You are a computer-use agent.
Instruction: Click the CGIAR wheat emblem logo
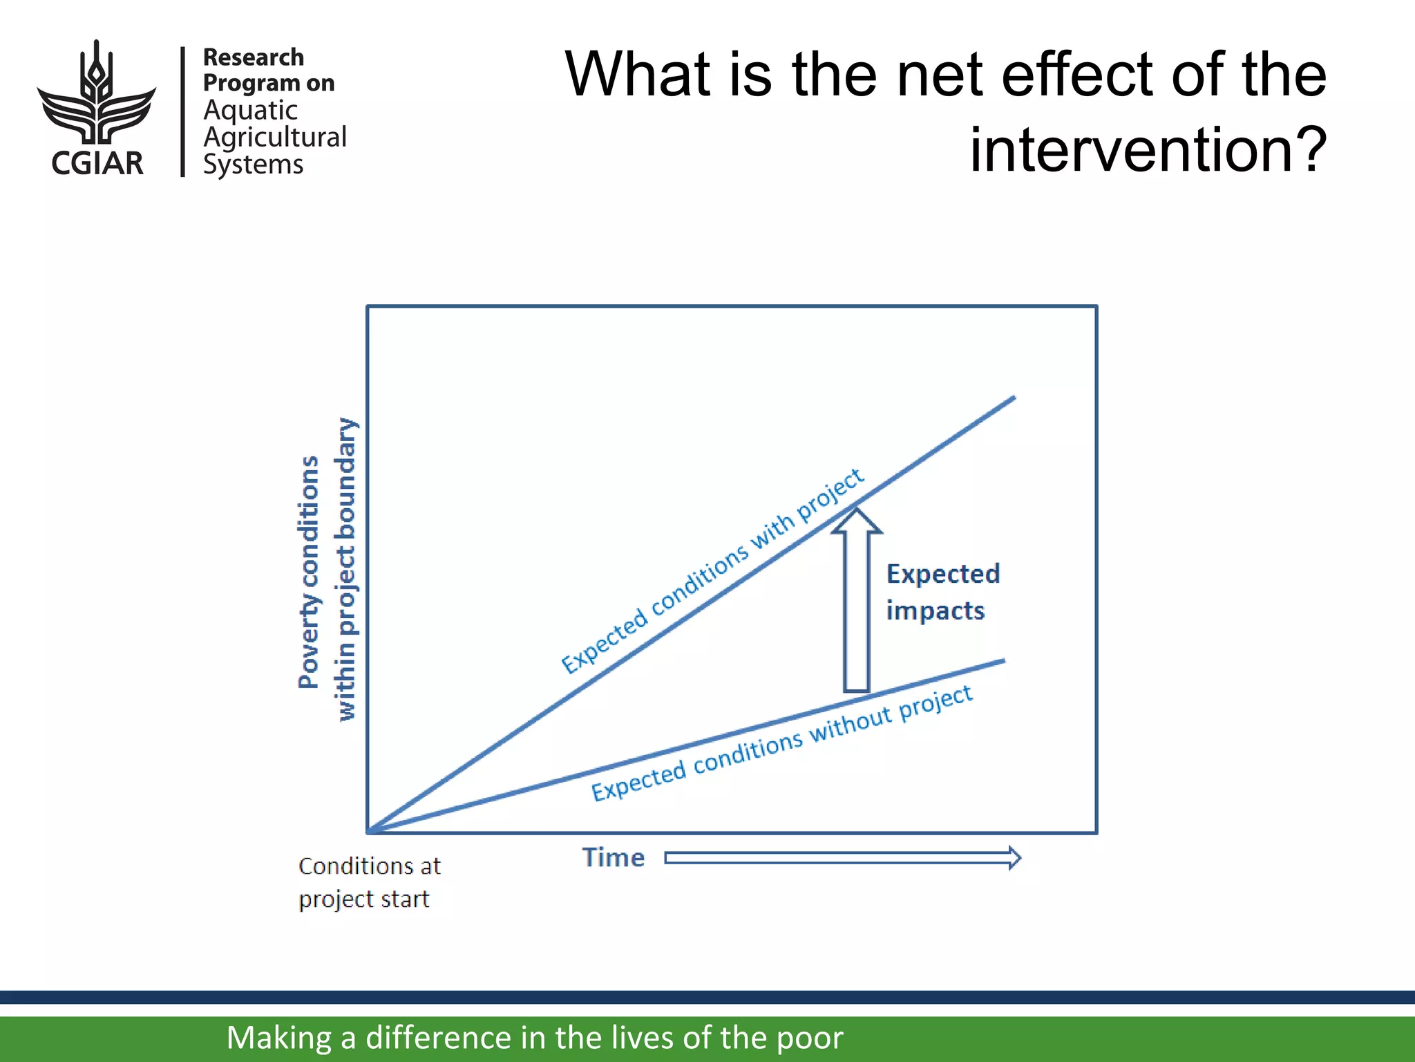click(97, 93)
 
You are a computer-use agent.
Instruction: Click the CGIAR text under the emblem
click(97, 164)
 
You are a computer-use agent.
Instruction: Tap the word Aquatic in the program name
click(250, 111)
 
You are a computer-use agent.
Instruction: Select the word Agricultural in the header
click(275, 138)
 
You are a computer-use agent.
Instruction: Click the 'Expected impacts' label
click(942, 592)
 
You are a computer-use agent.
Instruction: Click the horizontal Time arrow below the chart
click(842, 858)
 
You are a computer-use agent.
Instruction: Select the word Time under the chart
click(613, 858)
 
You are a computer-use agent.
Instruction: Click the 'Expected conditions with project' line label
click(712, 570)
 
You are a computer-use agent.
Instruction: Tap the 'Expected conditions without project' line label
click(781, 743)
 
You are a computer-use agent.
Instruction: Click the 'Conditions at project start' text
click(369, 882)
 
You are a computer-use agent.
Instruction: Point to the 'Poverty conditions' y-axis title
click(309, 572)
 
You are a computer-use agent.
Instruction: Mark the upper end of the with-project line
click(1013, 398)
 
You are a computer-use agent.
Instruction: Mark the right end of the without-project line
click(1003, 661)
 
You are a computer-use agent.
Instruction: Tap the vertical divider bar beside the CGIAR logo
click(183, 111)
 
